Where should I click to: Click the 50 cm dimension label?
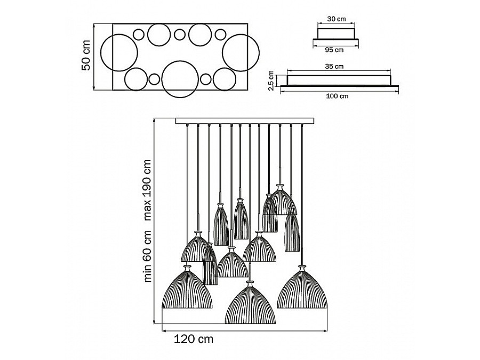pyautogui.click(x=85, y=57)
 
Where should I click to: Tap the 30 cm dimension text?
pyautogui.click(x=336, y=19)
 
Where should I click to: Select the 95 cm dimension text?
pyautogui.click(x=334, y=50)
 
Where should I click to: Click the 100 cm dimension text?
pyautogui.click(x=337, y=97)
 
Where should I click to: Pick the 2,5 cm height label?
pyautogui.click(x=271, y=82)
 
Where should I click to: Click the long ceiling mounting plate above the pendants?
pyautogui.click(x=244, y=121)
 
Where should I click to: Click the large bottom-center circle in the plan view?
pyautogui.click(x=180, y=80)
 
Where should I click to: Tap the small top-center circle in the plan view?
pyautogui.click(x=180, y=35)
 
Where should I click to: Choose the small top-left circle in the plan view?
pyautogui.click(x=139, y=35)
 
